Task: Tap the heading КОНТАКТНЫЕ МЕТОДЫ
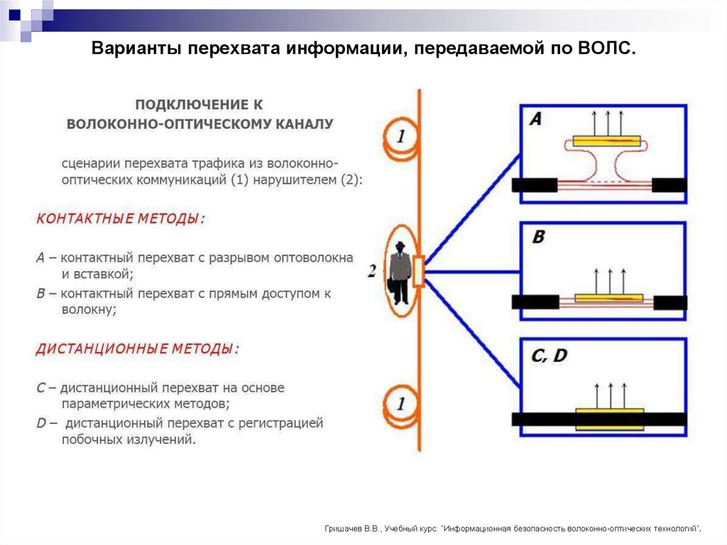pos(120,219)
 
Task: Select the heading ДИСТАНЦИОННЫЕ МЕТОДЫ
pos(137,349)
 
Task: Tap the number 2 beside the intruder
pos(372,271)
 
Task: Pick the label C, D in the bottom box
pos(549,355)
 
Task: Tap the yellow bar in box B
pos(608,298)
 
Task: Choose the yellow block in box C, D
pos(609,418)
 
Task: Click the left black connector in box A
pos(535,185)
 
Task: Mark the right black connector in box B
pos(669,302)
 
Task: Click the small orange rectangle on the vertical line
pos(418,271)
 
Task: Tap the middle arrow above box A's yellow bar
pos(606,121)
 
